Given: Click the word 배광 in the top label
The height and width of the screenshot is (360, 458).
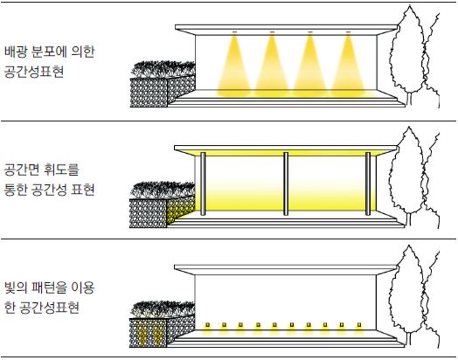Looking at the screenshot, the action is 16,52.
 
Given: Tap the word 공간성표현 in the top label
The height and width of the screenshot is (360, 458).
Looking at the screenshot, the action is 34,72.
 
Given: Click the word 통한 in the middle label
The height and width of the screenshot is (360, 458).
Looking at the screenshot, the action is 15,190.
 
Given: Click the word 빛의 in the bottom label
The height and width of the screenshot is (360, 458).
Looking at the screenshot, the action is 16,287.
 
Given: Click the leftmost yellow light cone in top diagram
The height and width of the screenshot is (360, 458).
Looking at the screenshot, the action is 233,66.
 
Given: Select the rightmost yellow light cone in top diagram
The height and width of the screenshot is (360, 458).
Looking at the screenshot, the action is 348,66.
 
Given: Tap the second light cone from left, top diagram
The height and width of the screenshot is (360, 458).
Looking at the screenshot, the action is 272,66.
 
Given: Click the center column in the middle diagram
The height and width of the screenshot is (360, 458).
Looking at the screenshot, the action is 286,183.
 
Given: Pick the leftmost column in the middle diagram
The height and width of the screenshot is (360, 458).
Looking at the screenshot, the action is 203,183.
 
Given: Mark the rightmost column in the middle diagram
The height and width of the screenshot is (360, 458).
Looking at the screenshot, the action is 368,183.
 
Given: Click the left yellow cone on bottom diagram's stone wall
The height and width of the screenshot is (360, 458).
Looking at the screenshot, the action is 142,335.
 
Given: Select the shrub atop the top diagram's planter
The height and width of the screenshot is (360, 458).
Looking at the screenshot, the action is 163,69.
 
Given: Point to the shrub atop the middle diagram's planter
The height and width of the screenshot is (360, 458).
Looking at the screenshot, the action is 163,190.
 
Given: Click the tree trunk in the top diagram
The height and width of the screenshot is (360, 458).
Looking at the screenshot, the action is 409,99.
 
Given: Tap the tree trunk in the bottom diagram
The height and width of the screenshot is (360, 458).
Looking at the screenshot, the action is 409,339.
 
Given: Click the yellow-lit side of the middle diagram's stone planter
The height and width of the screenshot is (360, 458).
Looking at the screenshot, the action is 181,209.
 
